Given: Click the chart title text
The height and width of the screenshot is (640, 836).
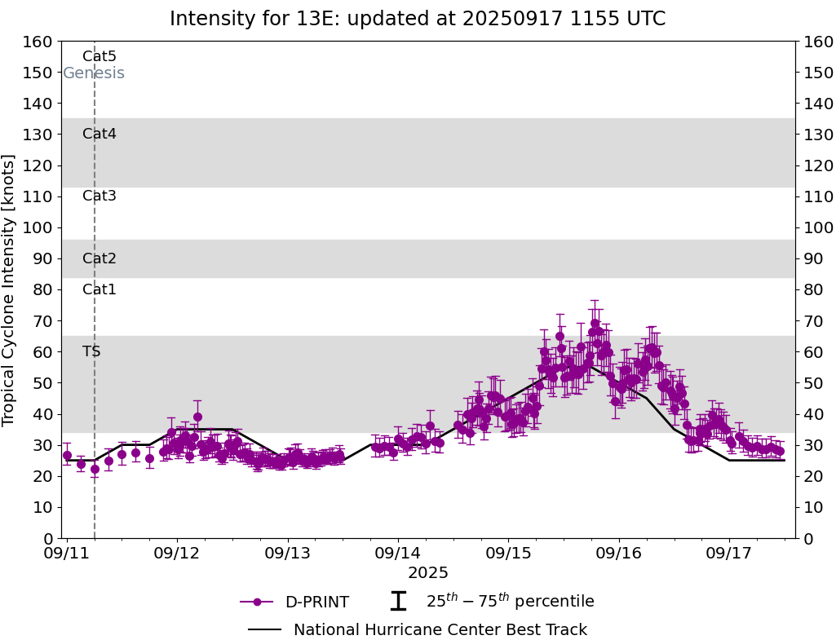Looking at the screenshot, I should (x=418, y=19).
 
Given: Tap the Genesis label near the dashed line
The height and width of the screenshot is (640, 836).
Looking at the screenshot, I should (x=94, y=73).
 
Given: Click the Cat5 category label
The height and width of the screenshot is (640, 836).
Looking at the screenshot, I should (x=100, y=56).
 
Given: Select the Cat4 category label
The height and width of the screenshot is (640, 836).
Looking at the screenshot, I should (x=100, y=134).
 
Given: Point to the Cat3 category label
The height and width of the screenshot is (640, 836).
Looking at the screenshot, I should (x=100, y=196).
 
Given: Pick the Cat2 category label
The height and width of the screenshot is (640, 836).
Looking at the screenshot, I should (x=100, y=258).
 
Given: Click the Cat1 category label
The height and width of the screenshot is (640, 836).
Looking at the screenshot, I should (x=100, y=289).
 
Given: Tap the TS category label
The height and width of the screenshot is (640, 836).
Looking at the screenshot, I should (x=91, y=351).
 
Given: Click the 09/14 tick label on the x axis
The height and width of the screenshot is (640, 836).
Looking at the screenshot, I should (x=398, y=554).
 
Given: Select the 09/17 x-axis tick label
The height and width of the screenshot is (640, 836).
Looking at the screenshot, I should (x=729, y=554).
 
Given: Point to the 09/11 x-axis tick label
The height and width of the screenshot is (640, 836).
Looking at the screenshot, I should (x=67, y=554).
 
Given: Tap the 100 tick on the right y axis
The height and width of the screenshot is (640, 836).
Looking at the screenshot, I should (x=818, y=227).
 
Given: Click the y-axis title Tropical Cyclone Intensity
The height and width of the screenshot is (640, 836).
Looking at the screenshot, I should (x=10, y=289).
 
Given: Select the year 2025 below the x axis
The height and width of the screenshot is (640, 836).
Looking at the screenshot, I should (x=428, y=573).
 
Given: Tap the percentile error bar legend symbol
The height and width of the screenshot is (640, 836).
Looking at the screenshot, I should (x=398, y=602).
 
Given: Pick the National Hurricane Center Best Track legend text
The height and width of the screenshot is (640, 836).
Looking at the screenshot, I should (x=440, y=629).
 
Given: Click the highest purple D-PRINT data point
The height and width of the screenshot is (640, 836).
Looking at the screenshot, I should (x=595, y=324).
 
